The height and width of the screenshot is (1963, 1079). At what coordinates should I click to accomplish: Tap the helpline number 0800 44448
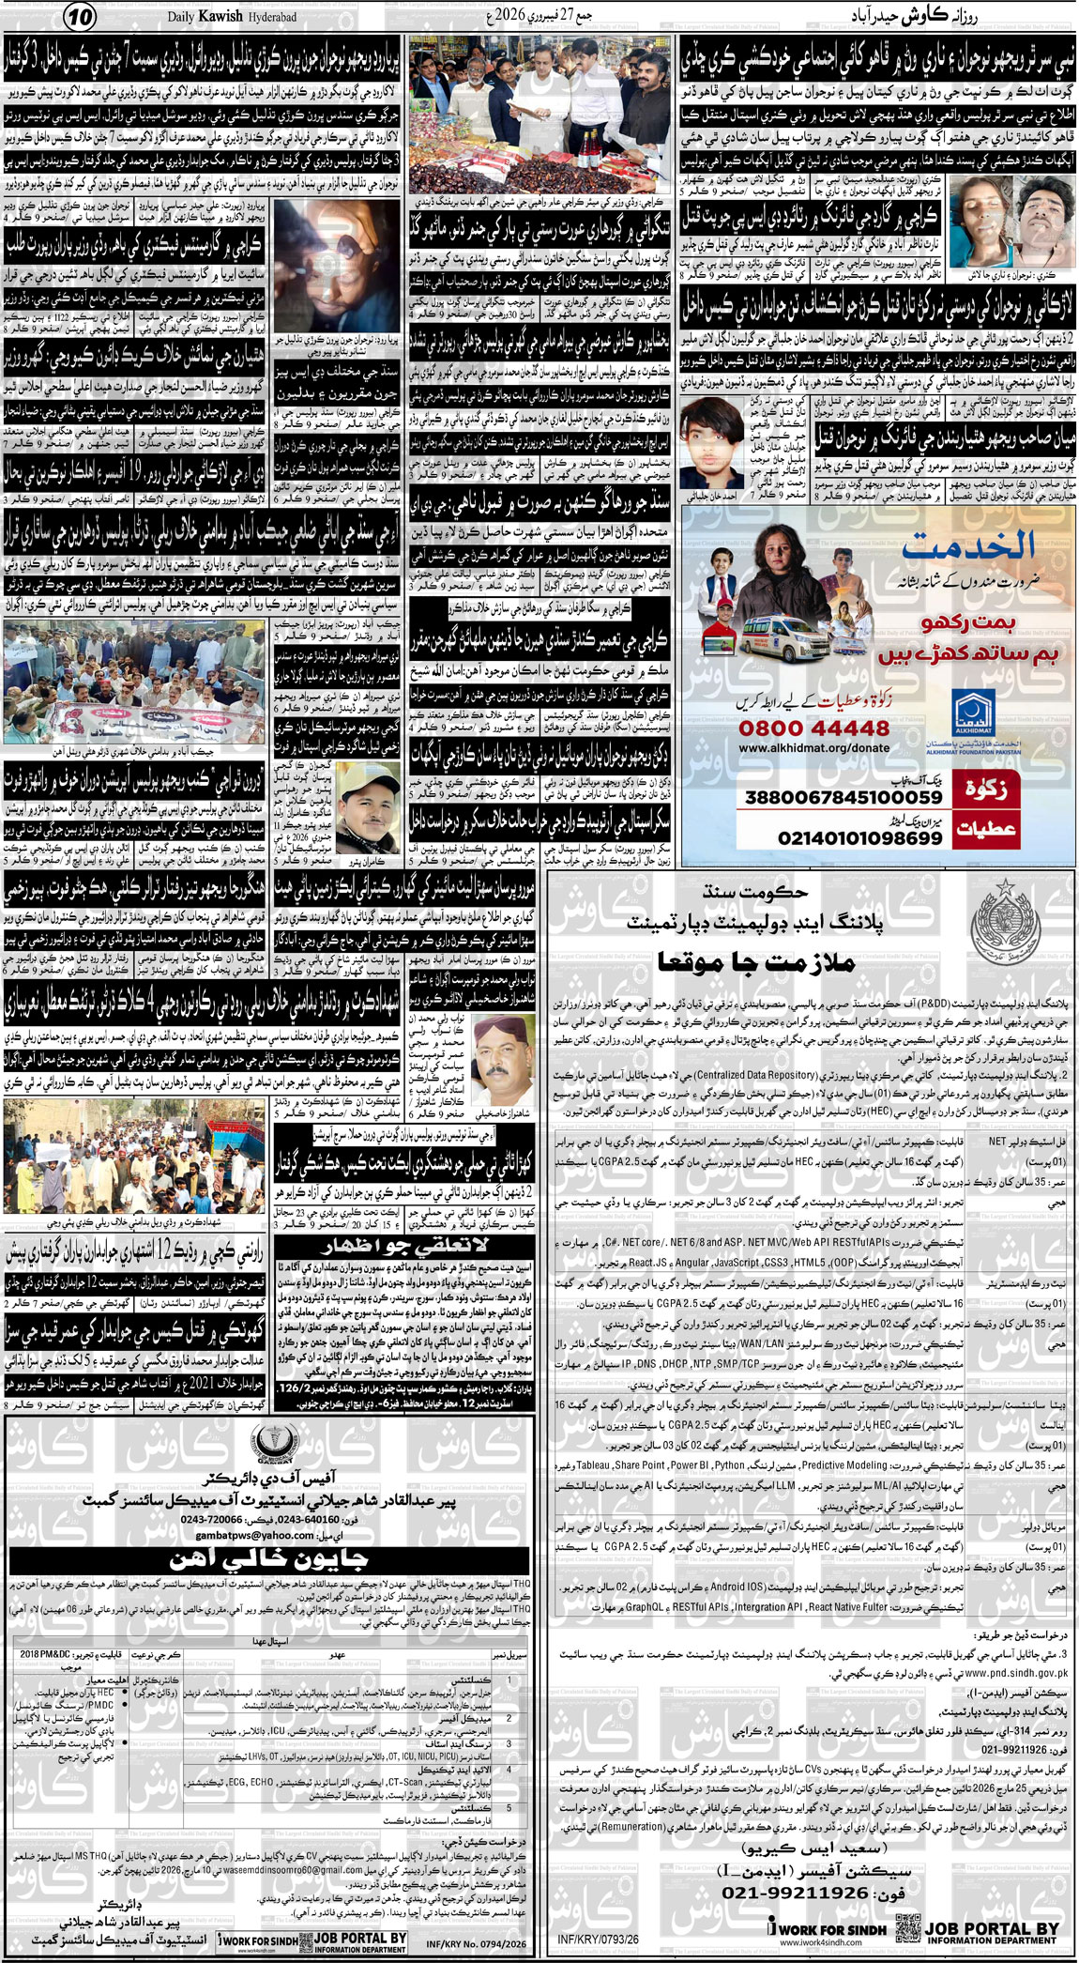point(813,728)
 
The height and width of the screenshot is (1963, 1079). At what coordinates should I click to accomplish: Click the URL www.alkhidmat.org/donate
point(813,748)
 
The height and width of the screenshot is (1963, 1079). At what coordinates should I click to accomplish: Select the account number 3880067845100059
point(843,797)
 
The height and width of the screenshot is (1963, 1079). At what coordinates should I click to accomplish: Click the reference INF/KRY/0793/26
point(598,1938)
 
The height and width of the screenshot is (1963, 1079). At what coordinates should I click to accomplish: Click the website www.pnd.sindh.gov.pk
point(1017,1672)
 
